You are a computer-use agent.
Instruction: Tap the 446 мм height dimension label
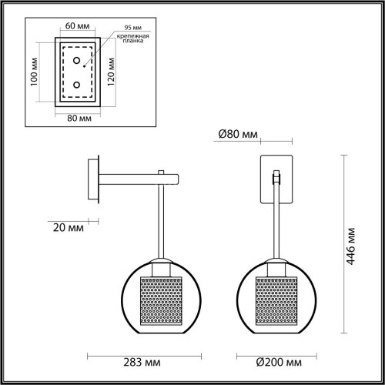point(352,245)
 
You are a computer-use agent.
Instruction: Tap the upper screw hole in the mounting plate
point(75,59)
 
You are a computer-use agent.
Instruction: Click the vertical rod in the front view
point(275,223)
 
